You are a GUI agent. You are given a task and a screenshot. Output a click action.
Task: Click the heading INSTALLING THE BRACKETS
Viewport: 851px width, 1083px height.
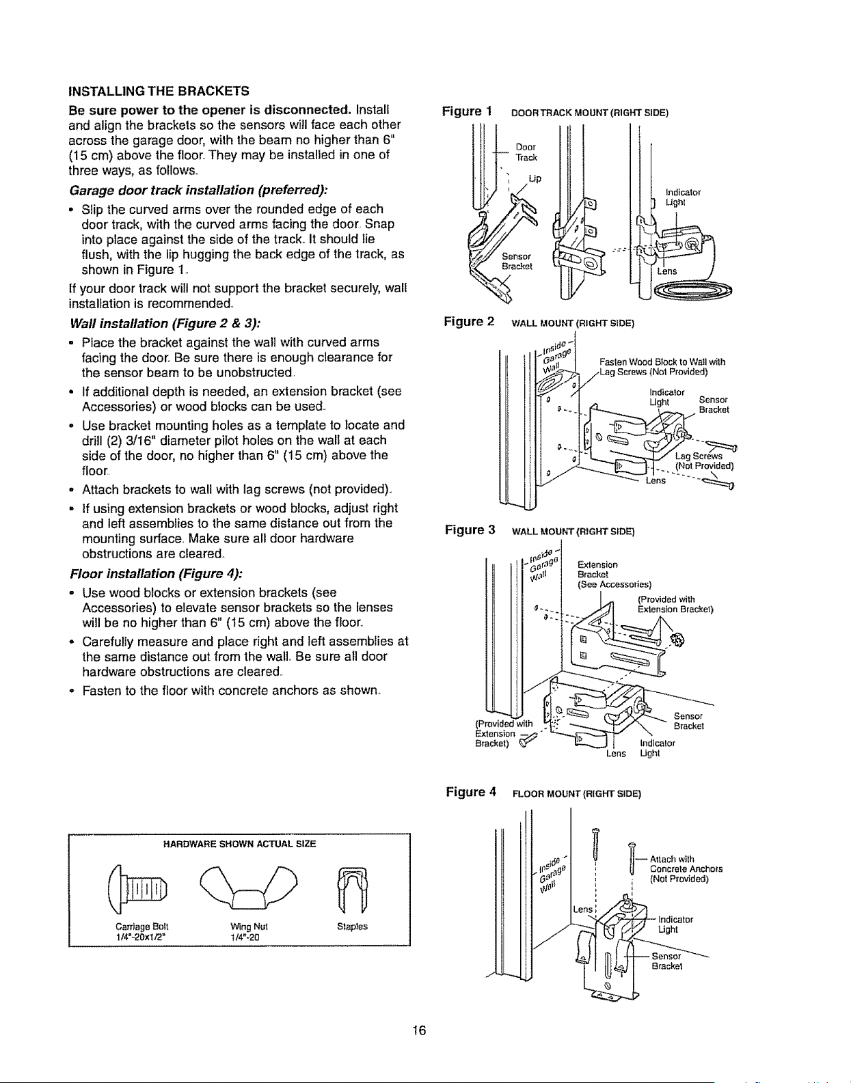[159, 91]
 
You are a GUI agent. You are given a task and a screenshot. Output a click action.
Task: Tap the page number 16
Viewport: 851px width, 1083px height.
[419, 1030]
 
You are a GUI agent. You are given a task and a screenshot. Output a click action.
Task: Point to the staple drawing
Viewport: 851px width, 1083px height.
[352, 890]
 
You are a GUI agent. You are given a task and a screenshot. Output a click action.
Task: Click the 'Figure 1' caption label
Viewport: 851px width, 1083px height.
[467, 111]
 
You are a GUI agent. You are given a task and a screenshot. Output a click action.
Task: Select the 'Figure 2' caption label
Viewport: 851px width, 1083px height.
[469, 321]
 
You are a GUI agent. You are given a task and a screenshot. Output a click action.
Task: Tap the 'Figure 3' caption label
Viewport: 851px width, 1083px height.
[470, 530]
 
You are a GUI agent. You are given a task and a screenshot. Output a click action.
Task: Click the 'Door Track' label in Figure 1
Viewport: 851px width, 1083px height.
[526, 152]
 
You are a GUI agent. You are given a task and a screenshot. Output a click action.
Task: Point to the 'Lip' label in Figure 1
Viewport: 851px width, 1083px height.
[535, 178]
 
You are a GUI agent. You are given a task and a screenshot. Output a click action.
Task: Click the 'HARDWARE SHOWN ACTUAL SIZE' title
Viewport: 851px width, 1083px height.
[239, 844]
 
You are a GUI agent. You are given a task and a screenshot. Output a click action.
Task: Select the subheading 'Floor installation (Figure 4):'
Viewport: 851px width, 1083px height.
[157, 573]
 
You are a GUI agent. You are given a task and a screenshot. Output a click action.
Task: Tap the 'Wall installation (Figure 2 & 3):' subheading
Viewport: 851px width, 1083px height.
[165, 324]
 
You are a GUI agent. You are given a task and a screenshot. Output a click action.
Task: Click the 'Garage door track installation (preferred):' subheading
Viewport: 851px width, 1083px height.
[198, 191]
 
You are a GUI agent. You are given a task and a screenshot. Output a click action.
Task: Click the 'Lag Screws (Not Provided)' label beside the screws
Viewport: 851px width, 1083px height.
[704, 461]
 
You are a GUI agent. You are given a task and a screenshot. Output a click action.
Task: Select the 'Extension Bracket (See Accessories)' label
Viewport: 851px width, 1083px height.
[614, 574]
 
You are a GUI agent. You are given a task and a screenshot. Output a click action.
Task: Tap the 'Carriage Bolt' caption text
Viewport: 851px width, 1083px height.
[141, 927]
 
